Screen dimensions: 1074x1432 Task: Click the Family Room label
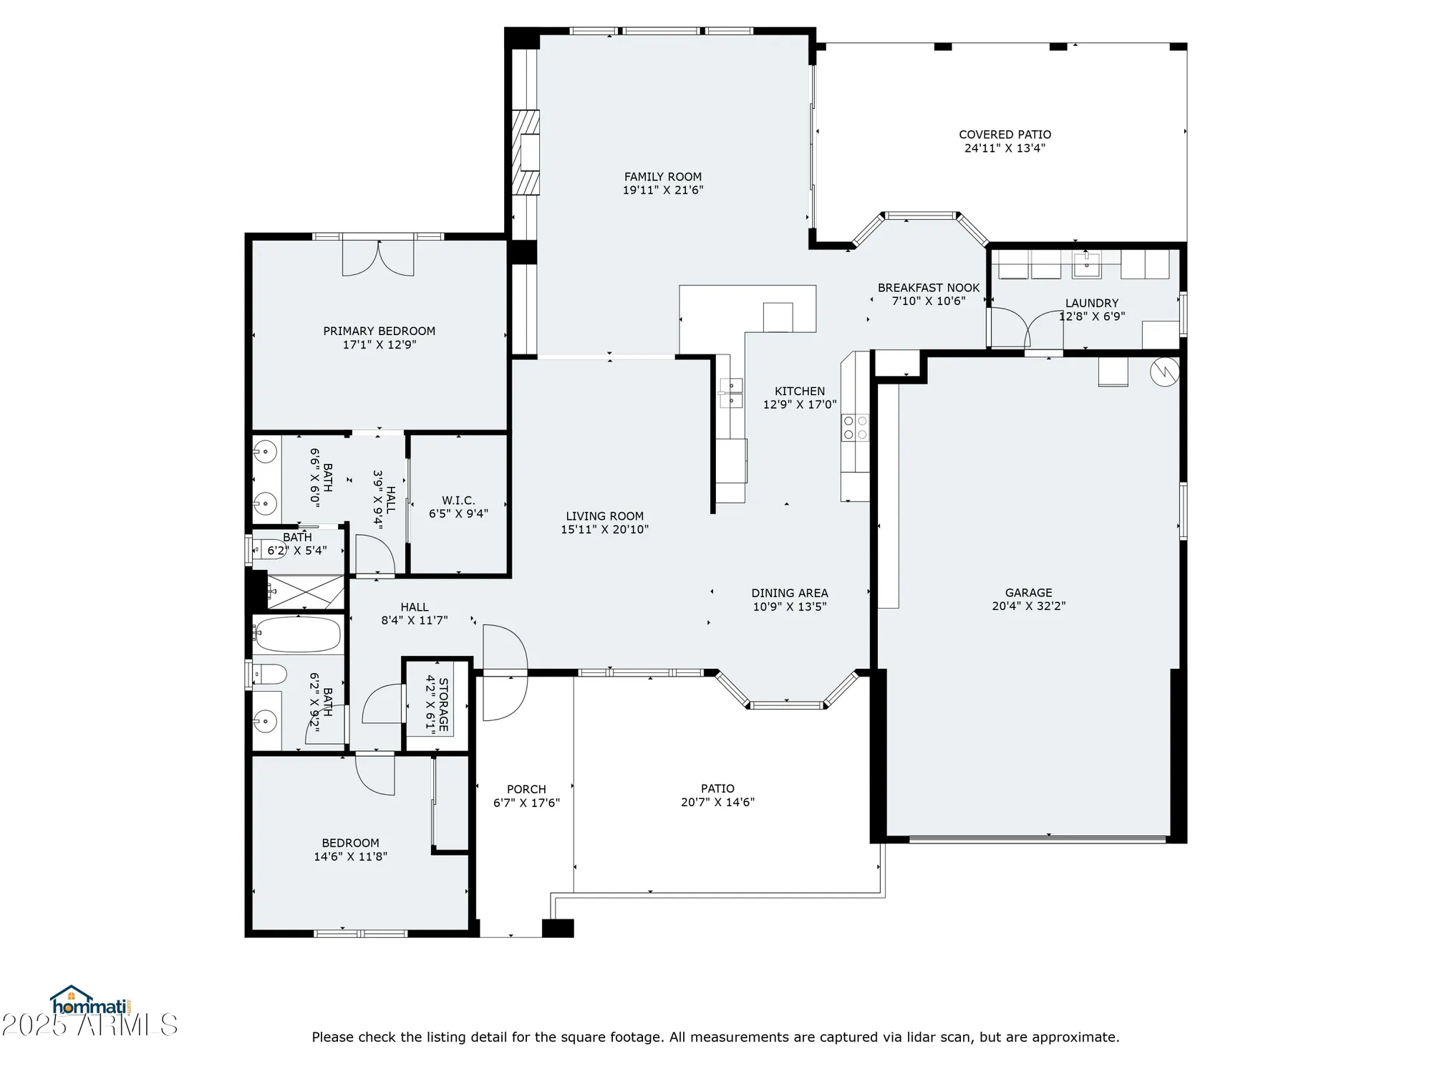coord(662,177)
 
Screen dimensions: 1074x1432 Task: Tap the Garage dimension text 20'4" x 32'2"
coord(1028,606)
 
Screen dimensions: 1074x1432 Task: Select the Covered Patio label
coord(1005,135)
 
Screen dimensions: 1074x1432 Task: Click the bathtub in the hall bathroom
coord(297,634)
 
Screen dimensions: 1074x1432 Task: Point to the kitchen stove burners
coord(855,427)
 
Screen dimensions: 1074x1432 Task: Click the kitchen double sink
coord(731,393)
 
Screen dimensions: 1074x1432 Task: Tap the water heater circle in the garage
coord(1164,372)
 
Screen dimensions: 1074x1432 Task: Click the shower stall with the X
coord(306,592)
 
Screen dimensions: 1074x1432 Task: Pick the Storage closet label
coord(443,705)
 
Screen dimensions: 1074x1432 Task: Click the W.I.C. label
coord(458,500)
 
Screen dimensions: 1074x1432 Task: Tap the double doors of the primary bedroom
coord(378,258)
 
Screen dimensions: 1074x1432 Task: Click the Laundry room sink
coord(1086,264)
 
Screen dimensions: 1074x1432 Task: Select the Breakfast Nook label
coord(928,288)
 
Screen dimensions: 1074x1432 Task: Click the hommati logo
coord(89,1002)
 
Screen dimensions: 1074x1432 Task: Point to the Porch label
coord(526,789)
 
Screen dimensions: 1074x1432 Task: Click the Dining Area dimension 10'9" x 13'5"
coord(789,606)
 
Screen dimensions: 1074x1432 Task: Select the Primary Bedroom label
coord(379,331)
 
